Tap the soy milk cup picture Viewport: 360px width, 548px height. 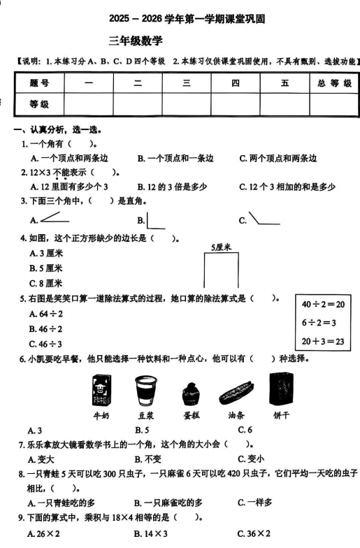pyautogui.click(x=143, y=390)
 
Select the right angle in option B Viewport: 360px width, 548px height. pyautogui.click(x=157, y=219)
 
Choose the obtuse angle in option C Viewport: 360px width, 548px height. pyautogui.click(x=263, y=219)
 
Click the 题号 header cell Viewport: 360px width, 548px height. pyautogui.click(x=39, y=84)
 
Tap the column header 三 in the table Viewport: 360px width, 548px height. pyautogui.click(x=187, y=84)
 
